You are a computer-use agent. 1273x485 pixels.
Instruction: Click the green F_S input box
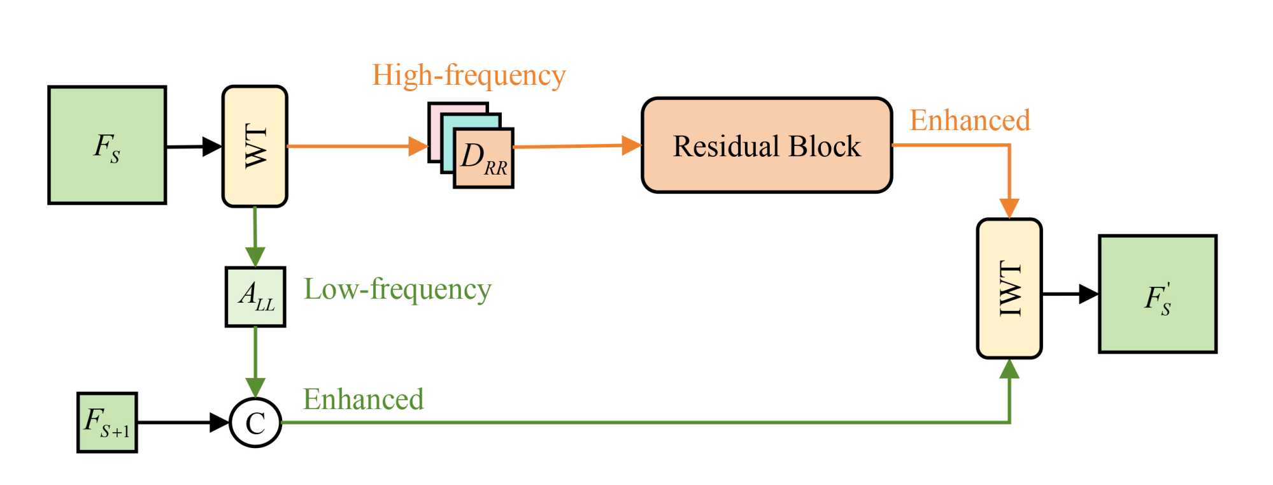tap(107, 145)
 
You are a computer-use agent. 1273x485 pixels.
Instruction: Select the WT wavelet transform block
tap(255, 146)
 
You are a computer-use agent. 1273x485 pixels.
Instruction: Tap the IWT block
tap(1009, 288)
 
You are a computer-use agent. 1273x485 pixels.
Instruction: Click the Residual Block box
tap(767, 145)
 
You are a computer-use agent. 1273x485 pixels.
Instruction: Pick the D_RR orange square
tap(484, 158)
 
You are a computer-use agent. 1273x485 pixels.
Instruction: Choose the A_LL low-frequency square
tap(255, 297)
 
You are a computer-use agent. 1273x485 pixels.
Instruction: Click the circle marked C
tap(255, 423)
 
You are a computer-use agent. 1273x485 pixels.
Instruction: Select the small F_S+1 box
tap(107, 423)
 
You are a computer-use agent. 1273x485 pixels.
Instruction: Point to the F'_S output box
tap(1158, 294)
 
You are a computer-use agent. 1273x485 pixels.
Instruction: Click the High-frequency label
tap(469, 75)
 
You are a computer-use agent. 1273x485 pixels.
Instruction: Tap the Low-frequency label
tap(397, 289)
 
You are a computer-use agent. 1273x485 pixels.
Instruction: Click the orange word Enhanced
tap(970, 120)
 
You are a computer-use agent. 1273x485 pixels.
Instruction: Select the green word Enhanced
tap(363, 400)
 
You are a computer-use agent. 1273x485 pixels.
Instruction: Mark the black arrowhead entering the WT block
tap(212, 146)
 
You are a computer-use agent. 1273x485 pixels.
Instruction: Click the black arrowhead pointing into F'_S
tap(1089, 294)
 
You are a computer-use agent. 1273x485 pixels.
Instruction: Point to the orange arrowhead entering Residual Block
tap(631, 145)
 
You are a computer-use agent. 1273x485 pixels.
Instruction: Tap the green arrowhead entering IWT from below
tap(1009, 368)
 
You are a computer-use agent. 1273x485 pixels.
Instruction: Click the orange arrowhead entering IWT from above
tap(1009, 208)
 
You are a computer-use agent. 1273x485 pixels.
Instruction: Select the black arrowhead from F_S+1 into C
tap(219, 423)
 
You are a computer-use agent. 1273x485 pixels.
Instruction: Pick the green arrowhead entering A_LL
tap(255, 257)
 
